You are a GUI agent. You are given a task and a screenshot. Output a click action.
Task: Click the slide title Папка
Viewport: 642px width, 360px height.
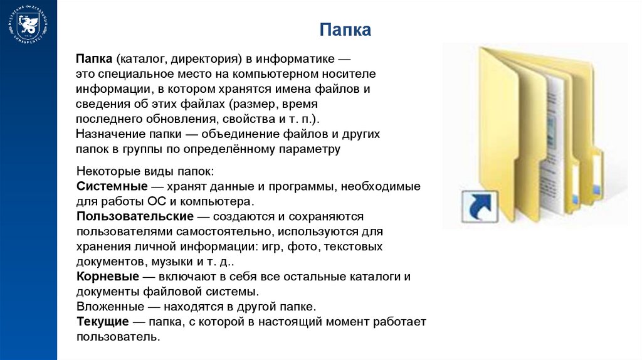click(344, 29)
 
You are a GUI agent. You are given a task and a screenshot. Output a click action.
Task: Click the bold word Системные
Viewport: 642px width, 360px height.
click(112, 187)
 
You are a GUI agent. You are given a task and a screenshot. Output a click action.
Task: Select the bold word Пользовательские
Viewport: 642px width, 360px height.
click(135, 216)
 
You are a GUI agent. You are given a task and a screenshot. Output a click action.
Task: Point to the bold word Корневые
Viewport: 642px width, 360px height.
click(107, 277)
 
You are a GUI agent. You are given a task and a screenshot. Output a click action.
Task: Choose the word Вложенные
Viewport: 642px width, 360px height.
click(108, 307)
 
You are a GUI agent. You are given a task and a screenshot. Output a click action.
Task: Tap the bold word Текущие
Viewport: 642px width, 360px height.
click(102, 322)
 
